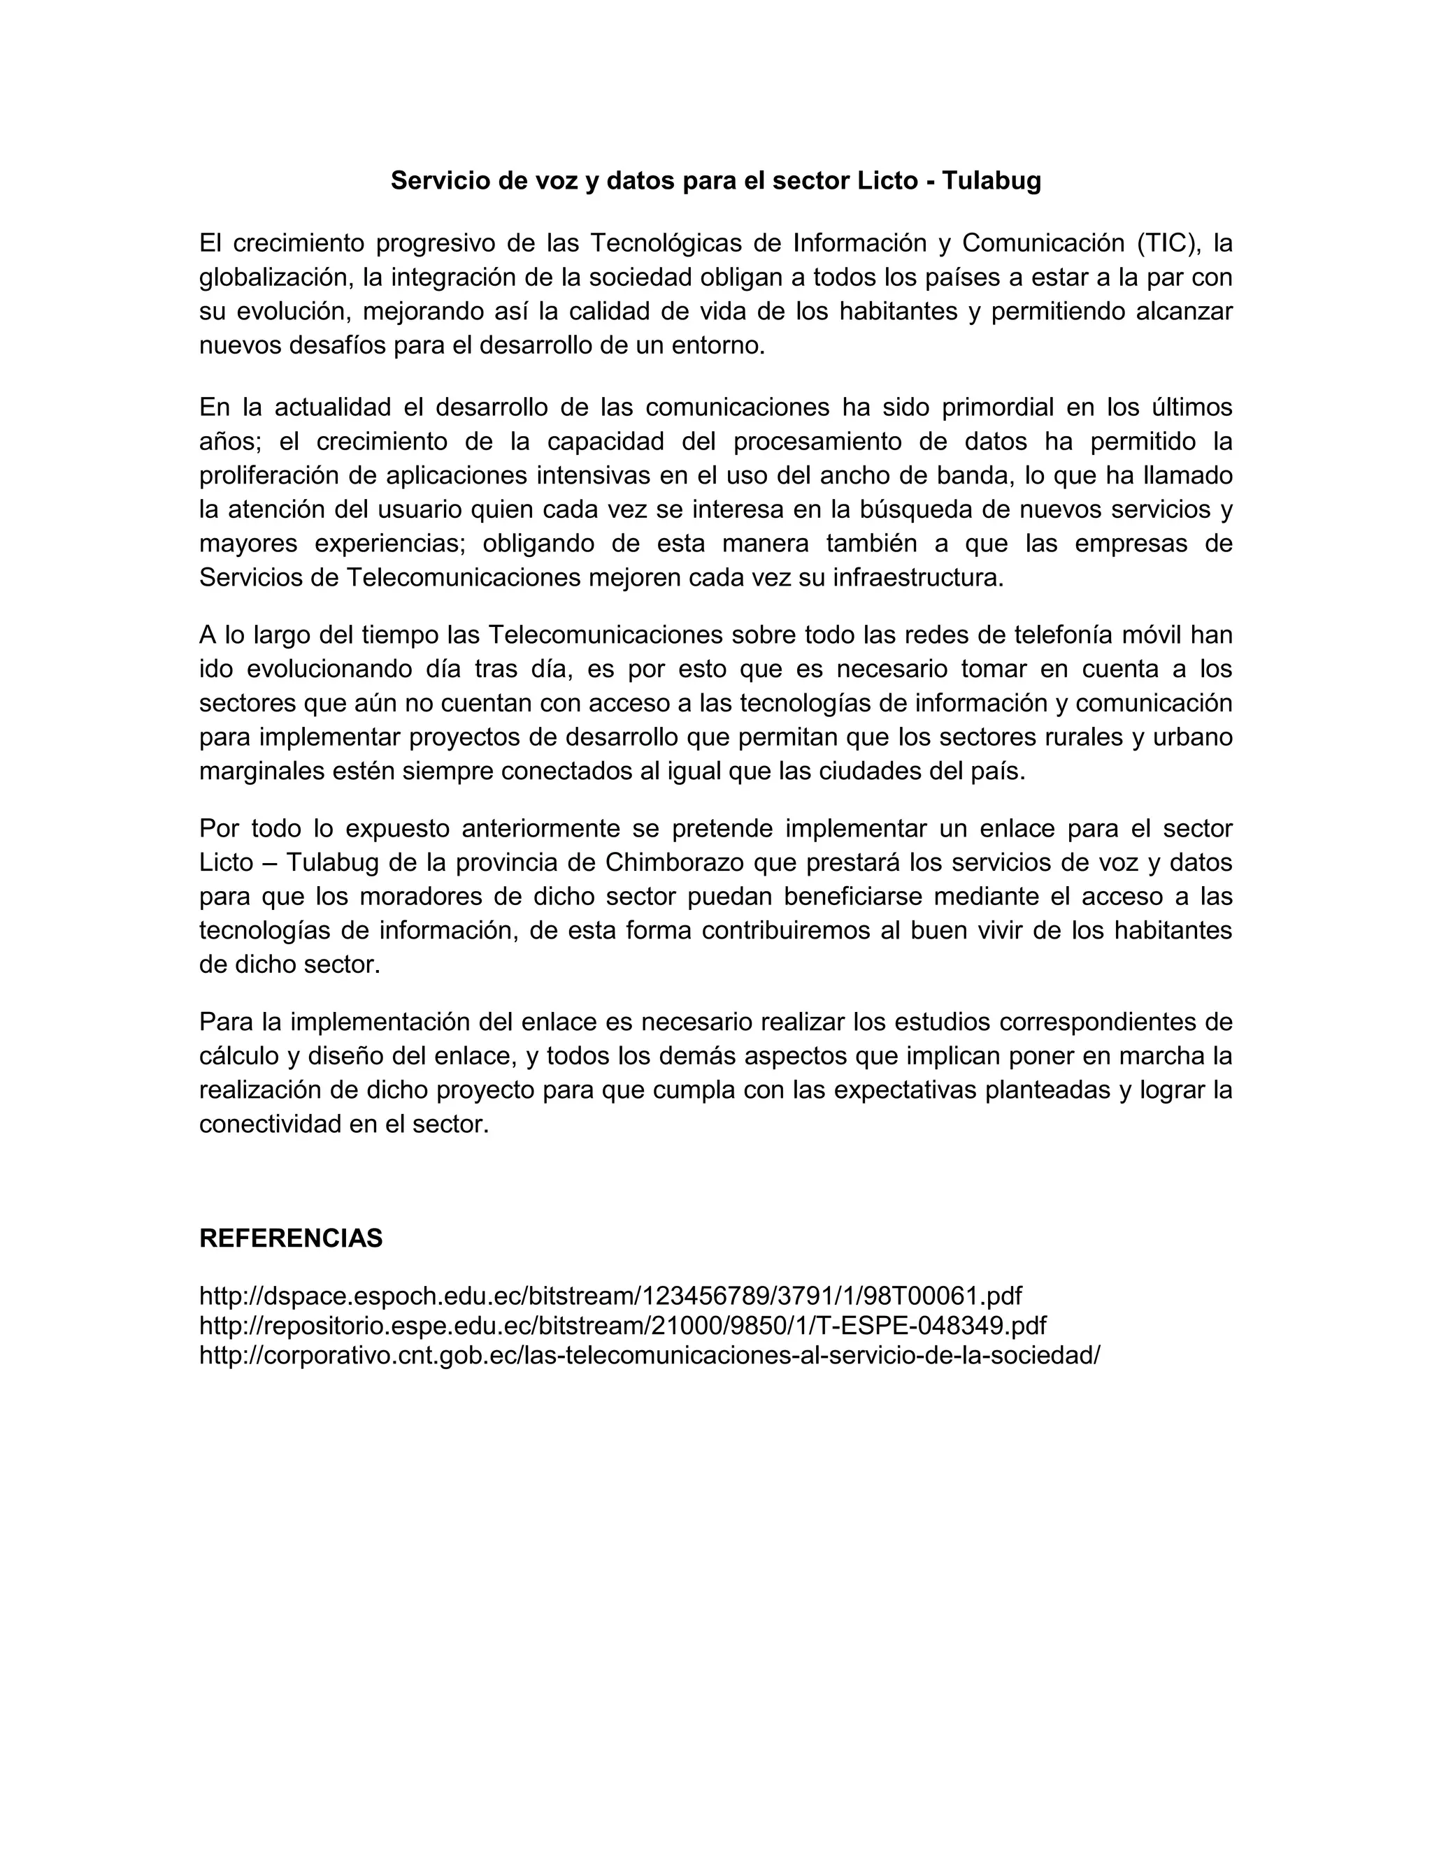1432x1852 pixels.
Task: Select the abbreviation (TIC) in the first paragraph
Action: (1169, 243)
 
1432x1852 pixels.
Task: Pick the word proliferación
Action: (263, 476)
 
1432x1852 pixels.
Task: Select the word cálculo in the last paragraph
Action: (237, 1057)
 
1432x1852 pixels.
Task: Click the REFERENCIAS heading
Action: (291, 1239)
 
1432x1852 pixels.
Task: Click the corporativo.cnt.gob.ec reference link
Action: (649, 1356)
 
